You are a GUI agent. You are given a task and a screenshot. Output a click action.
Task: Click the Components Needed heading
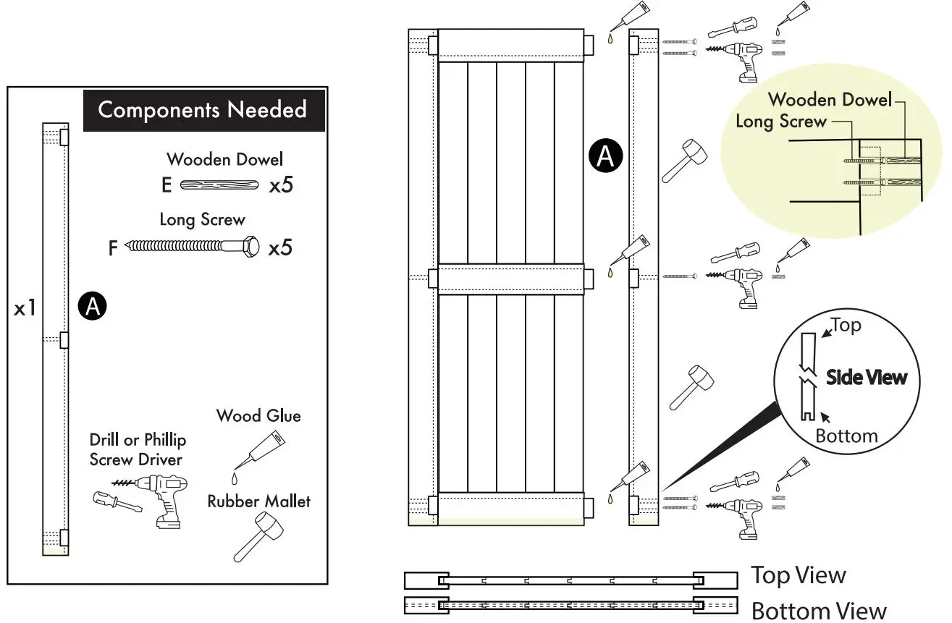tap(202, 110)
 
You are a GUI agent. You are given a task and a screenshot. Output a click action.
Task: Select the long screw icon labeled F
tap(192, 248)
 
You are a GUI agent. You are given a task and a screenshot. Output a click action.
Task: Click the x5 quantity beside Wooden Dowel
tap(281, 186)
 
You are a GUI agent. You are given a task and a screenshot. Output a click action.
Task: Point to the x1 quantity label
tap(25, 309)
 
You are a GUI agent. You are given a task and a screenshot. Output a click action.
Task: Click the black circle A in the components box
tap(93, 307)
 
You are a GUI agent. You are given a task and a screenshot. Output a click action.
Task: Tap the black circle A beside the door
tap(605, 155)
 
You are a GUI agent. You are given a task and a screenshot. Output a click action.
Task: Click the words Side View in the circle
tap(866, 377)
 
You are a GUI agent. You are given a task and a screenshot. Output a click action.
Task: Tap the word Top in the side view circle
tap(846, 326)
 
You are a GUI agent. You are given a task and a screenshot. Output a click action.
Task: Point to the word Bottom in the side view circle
tap(846, 436)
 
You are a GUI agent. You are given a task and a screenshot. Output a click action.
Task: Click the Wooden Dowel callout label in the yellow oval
tap(830, 100)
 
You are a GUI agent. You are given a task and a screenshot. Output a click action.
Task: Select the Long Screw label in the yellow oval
tap(780, 122)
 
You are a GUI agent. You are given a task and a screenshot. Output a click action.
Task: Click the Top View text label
tap(798, 576)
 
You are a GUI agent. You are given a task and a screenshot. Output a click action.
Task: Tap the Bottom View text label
tap(818, 610)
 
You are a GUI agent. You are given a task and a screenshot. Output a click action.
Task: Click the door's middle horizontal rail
tap(510, 279)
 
